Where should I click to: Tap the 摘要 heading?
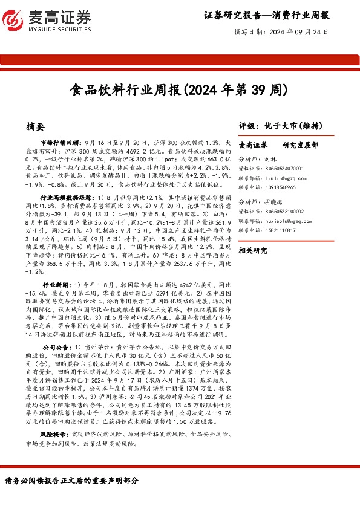pyautogui.click(x=36, y=127)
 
